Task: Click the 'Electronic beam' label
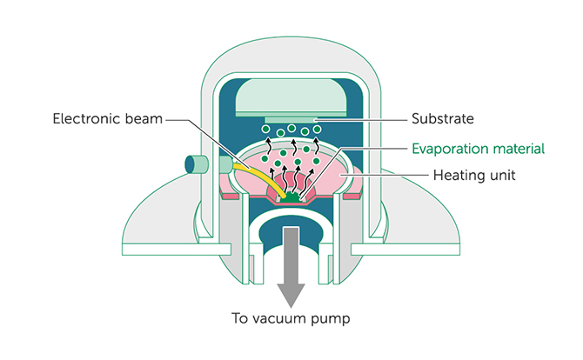pos(106,118)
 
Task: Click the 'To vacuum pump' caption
pos(290,317)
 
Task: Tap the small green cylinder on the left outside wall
pos(198,163)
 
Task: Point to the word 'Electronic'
pos(85,118)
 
